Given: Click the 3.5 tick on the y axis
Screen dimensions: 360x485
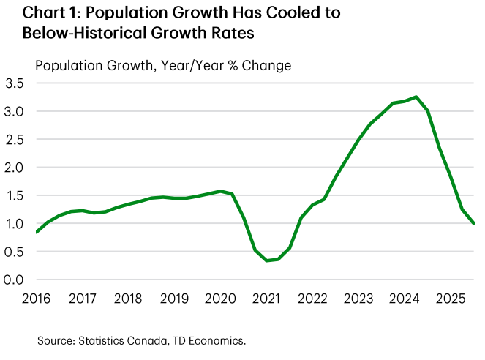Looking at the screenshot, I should tap(15, 83).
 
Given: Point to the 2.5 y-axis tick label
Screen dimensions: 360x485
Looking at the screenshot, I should tap(15, 140).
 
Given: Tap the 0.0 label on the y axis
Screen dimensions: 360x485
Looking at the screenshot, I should tap(15, 280).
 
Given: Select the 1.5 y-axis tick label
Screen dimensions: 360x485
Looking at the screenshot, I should tap(15, 196).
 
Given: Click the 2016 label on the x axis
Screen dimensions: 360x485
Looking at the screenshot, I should tap(37, 299).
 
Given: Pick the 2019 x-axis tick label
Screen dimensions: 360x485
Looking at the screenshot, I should tap(173, 299).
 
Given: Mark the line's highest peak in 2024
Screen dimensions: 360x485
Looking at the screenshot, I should tap(416, 97).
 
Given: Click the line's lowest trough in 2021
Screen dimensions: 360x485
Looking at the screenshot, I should tap(268, 260).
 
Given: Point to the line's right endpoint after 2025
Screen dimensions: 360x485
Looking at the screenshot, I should tap(474, 223).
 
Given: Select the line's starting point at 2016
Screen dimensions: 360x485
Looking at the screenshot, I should tap(37, 233).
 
